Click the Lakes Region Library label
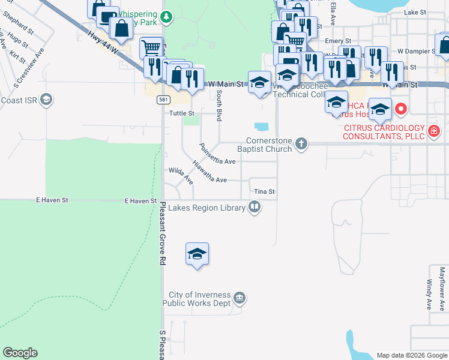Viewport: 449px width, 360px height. [x=206, y=208]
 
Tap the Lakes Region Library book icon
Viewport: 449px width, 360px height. [x=255, y=208]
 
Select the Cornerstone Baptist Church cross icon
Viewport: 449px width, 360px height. [x=301, y=143]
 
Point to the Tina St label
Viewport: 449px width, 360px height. [x=264, y=192]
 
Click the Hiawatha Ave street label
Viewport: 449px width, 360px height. [x=209, y=173]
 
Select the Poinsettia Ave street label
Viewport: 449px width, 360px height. [x=217, y=155]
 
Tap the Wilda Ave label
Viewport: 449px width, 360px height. [x=181, y=175]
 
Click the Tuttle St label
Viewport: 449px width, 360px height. [x=182, y=113]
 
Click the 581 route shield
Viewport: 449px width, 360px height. [x=163, y=99]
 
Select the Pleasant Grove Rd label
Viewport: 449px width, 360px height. [x=162, y=233]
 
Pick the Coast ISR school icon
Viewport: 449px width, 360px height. [x=46, y=100]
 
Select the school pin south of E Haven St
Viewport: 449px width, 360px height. [x=197, y=254]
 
